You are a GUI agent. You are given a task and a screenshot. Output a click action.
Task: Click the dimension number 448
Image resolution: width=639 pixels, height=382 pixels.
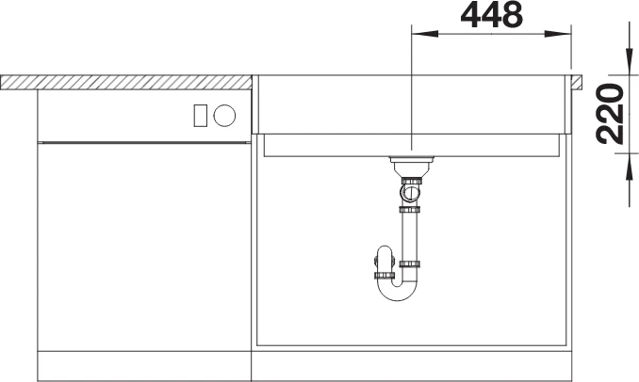pos(491,15)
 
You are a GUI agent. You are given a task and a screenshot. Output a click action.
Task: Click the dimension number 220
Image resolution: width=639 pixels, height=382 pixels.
pos(610,114)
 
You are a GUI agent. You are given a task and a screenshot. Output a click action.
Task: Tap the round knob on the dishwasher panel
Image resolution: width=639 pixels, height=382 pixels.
pos(224,115)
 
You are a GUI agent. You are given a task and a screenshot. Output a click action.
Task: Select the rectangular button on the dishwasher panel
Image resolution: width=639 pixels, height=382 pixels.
pos(200,115)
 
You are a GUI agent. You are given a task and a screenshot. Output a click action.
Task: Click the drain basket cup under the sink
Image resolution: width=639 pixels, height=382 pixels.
pos(411,166)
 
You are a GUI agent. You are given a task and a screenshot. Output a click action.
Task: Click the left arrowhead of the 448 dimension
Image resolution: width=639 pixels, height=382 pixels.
pos(425,34)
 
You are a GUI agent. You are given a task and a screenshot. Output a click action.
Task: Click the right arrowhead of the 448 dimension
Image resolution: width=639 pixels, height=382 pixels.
pos(558,34)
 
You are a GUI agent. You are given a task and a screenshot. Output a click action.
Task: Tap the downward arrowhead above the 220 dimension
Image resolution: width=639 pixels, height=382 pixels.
pos(627,62)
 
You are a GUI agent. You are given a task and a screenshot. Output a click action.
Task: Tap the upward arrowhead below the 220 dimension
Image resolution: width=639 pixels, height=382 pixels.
pos(627,166)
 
